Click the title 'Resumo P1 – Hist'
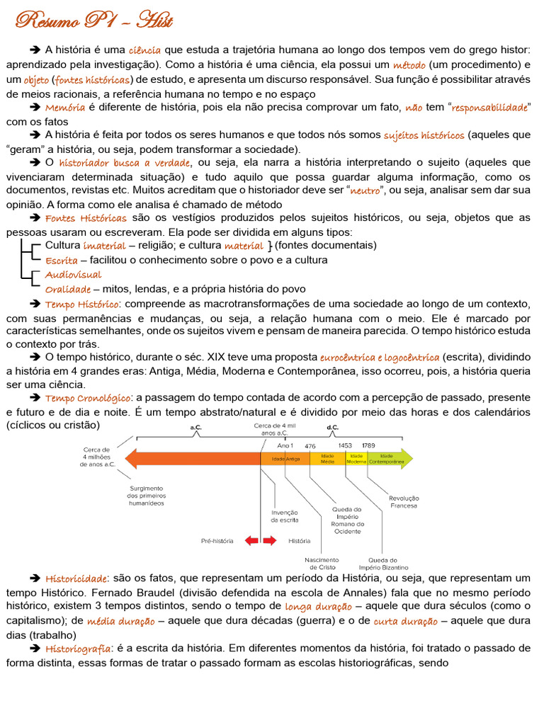coord(94,21)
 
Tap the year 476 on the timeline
coord(310,446)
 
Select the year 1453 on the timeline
coord(345,446)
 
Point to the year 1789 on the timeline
coord(368,446)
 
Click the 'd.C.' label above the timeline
coord(332,428)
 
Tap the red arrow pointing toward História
coord(269,540)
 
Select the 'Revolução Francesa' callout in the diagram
coord(403,502)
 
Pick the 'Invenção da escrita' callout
coord(284,516)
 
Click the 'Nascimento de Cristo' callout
coord(322,564)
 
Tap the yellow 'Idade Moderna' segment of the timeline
coord(356,458)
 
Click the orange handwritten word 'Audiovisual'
coord(73,275)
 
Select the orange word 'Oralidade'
coord(67,289)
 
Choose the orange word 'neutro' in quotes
coord(365,191)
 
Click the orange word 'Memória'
coord(65,108)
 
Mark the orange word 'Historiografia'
coord(78,649)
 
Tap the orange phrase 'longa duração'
coord(318,607)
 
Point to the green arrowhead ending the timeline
coord(406,458)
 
